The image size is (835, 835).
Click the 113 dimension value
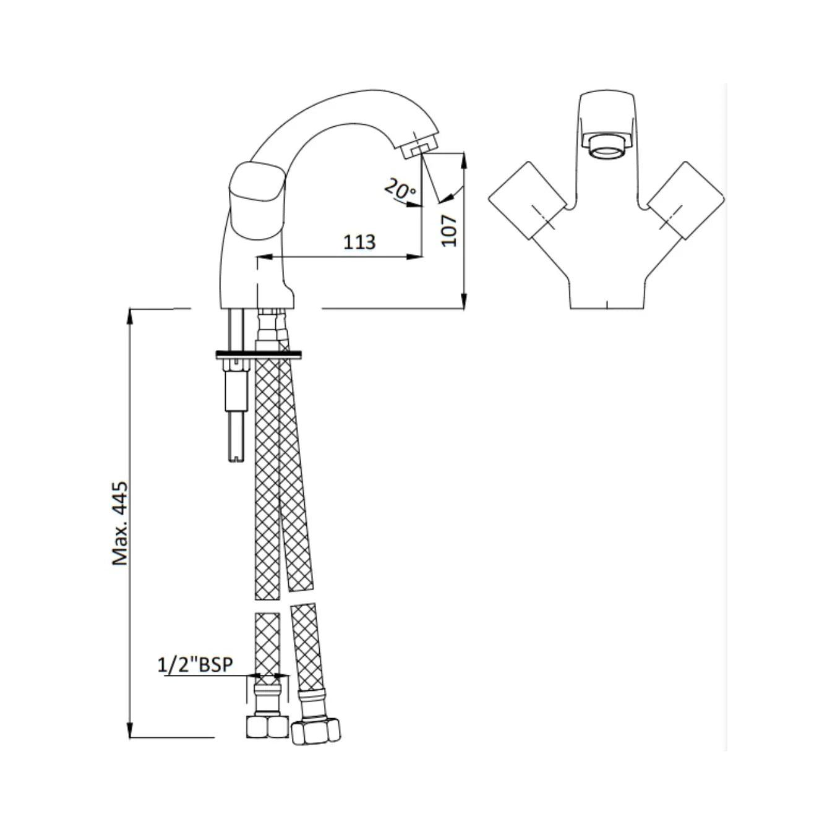(x=359, y=242)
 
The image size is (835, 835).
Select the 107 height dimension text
(x=450, y=230)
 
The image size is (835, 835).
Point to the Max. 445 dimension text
(x=120, y=523)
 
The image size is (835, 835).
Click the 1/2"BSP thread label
(x=196, y=665)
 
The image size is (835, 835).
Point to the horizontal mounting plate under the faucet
(x=259, y=355)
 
